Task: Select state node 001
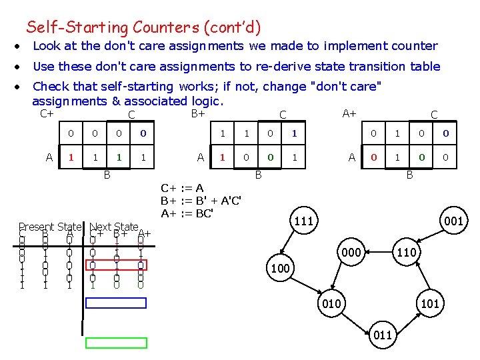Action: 455,221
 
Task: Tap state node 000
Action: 352,253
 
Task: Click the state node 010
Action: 331,304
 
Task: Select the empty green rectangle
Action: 116,343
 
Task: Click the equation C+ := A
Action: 182,189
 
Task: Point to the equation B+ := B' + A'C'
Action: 201,201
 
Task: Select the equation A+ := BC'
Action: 187,213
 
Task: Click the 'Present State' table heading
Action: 51,227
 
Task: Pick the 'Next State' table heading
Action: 113,227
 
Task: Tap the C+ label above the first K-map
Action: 47,113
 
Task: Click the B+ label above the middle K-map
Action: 198,113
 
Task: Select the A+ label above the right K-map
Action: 349,113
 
